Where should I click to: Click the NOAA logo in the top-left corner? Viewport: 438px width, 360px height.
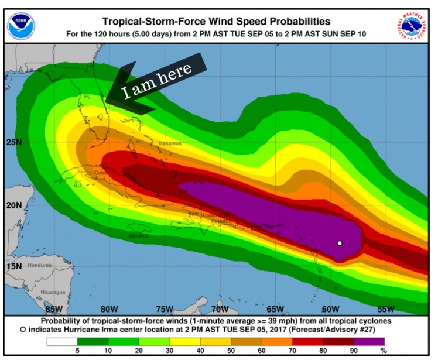coord(22,25)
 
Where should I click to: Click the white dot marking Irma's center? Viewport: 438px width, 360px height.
coord(339,243)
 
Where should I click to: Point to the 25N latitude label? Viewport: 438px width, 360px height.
coord(13,142)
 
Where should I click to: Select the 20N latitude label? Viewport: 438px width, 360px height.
coord(13,205)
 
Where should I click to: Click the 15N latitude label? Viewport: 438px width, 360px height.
coord(13,266)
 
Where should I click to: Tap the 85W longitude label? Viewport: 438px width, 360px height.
coord(54,309)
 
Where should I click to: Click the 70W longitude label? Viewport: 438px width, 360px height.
coord(220,309)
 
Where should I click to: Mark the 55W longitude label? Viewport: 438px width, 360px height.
coord(385,309)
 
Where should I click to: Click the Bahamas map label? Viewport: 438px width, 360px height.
coord(170,143)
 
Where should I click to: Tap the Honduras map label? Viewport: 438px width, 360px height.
coord(39,265)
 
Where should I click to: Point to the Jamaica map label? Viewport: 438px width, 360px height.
coord(138,235)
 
